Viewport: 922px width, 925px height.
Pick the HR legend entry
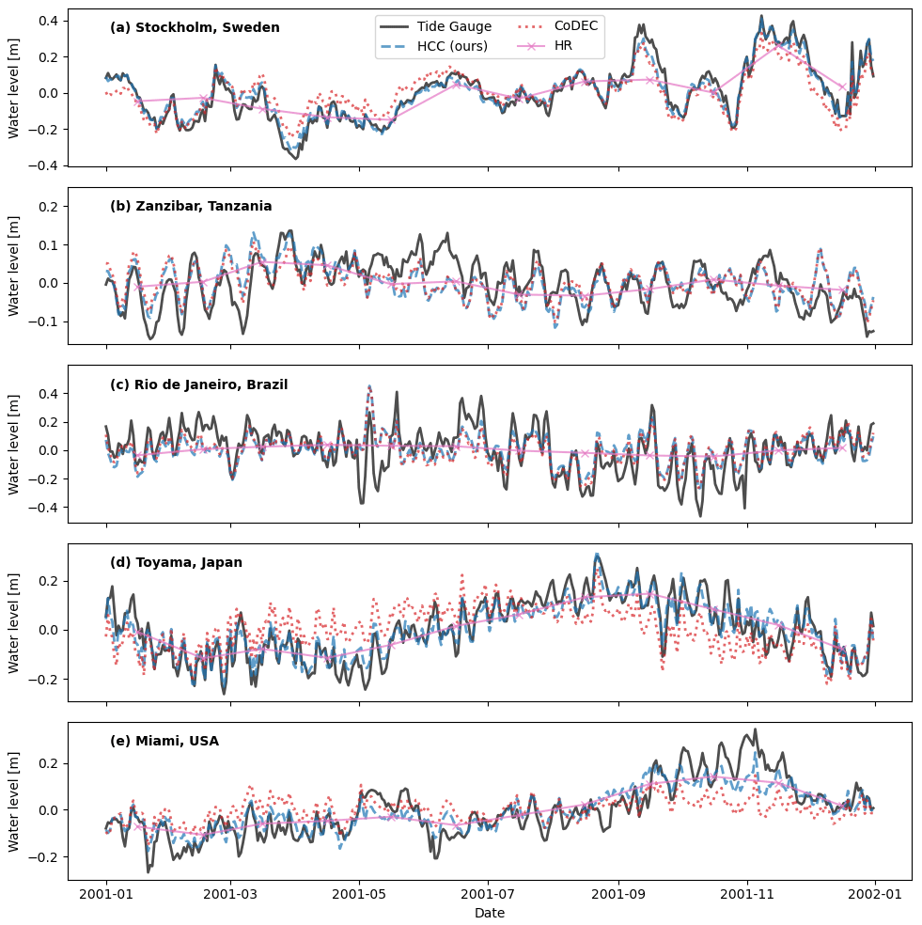pyautogui.click(x=563, y=46)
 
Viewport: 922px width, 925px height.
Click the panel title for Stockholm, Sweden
pyautogui.click(x=195, y=28)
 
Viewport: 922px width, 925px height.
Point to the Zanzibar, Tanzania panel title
pyautogui.click(x=191, y=207)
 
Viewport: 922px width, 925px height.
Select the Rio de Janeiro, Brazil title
pyautogui.click(x=198, y=384)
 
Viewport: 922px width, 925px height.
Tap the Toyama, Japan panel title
pyautogui.click(x=176, y=563)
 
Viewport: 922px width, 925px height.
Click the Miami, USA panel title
pyautogui.click(x=164, y=741)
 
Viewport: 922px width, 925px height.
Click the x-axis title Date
pyautogui.click(x=490, y=913)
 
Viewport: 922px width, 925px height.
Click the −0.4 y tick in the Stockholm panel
pyautogui.click(x=45, y=165)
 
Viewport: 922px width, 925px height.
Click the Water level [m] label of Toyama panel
pyautogui.click(x=14, y=622)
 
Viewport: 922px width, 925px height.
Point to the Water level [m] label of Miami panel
pyautogui.click(x=14, y=801)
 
